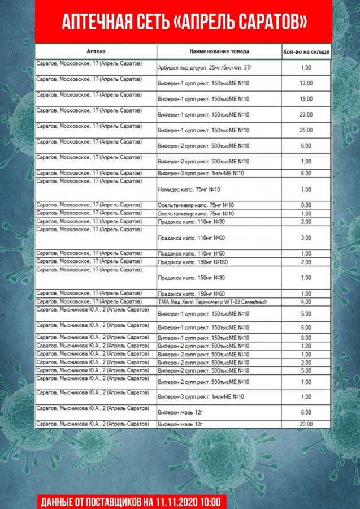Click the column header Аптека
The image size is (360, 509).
96,51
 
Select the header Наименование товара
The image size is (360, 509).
219,51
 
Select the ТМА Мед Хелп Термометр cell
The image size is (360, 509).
212,302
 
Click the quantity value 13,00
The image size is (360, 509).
306,83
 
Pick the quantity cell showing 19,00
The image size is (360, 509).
306,99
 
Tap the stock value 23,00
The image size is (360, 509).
306,115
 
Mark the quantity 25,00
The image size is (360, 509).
306,130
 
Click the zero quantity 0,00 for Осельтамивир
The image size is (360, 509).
306,205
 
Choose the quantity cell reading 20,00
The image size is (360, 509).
306,424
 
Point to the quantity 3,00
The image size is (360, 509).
306,238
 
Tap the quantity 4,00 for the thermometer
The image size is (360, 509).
306,302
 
